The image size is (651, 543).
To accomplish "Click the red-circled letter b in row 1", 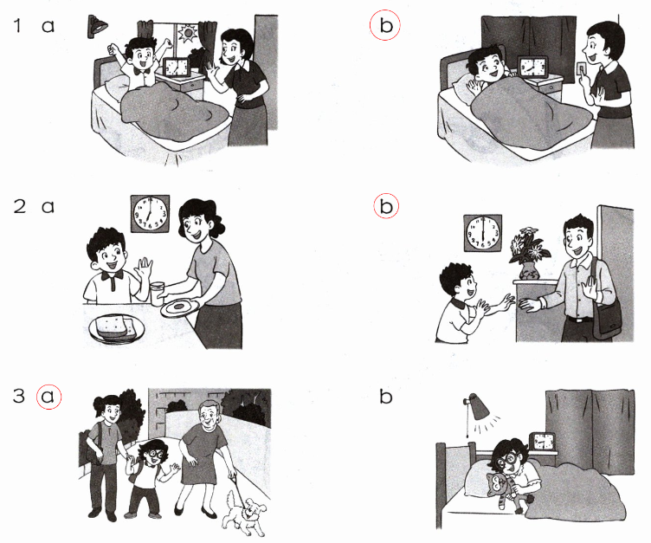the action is pos(386,25).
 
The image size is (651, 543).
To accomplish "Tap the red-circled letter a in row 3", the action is pos(48,397).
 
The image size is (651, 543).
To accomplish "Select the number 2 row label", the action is pos(20,206).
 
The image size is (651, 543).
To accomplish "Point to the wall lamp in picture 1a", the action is pos(96,27).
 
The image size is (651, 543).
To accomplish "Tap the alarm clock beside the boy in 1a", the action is pos(177,68).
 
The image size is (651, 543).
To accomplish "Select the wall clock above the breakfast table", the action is pos(150,214).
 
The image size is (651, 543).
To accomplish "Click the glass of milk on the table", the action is pos(158,294).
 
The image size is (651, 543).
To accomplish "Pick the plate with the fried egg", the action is pos(180,308).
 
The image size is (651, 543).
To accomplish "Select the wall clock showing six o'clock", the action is pos(482,233).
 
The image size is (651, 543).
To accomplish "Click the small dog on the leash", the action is pos(245,514).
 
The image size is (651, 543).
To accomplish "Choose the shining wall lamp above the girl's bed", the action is pos(478,408).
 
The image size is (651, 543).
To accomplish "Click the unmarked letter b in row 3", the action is pos(386,397).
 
